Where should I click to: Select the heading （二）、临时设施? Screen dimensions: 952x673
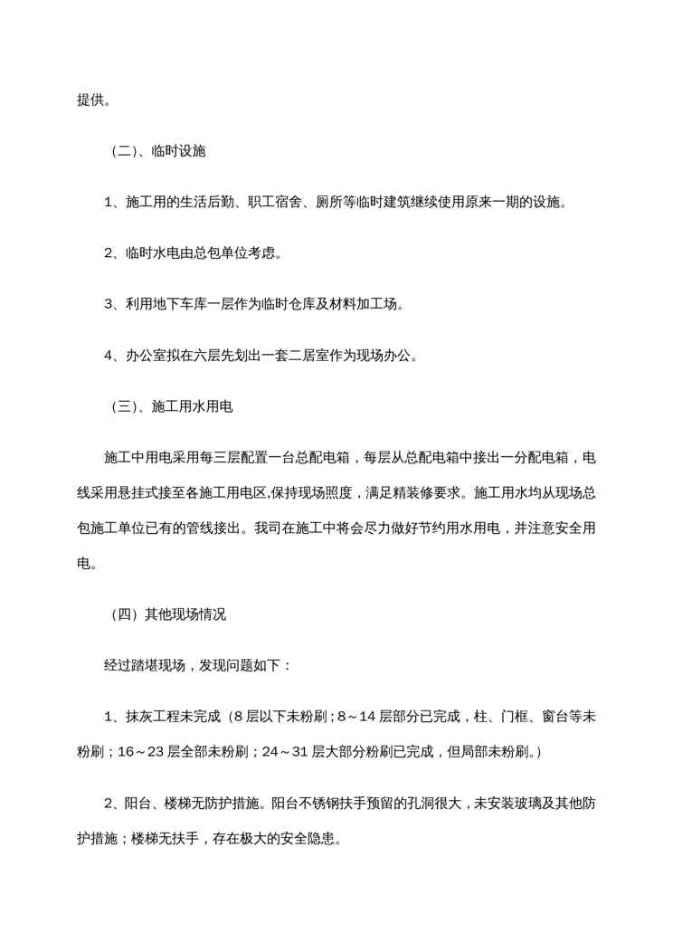point(153,151)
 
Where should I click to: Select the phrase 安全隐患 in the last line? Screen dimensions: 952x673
point(312,837)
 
